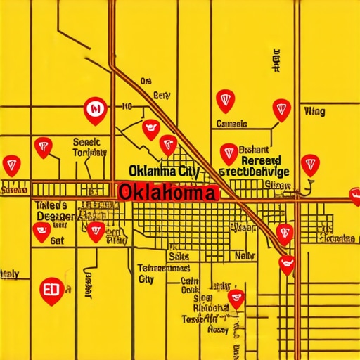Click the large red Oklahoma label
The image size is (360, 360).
167,191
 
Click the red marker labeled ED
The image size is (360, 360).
53,290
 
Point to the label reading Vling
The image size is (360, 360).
314,111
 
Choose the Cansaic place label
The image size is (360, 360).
231,124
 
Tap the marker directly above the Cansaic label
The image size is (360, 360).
224,100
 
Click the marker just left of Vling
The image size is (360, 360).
281,109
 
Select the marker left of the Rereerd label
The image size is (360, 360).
229,153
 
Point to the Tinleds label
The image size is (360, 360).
51,205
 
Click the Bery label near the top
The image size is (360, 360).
161,95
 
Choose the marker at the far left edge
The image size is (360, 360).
11,165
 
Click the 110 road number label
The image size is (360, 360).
127,108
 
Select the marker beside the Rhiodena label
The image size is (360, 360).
237,299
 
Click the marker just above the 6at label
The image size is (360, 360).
42,232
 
